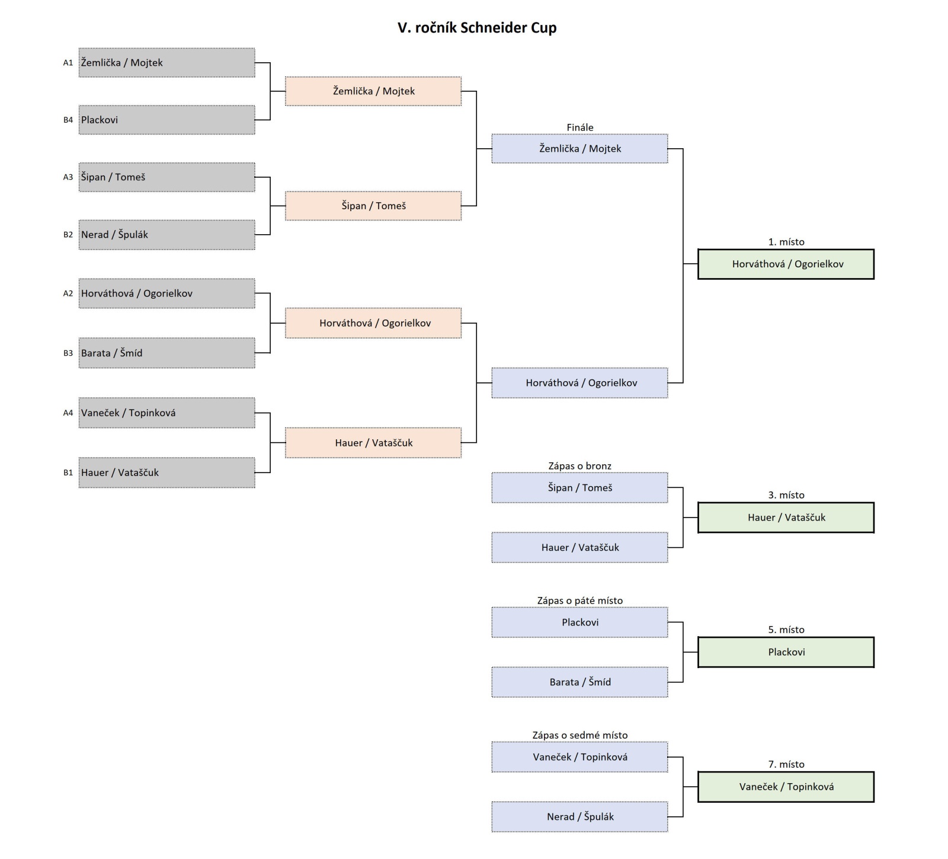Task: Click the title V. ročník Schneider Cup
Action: click(476, 28)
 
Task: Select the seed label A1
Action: click(68, 63)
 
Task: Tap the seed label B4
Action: click(68, 120)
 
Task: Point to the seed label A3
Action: click(68, 177)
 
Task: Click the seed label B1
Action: click(68, 472)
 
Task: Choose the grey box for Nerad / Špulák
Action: click(166, 235)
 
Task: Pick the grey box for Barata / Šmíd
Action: click(166, 353)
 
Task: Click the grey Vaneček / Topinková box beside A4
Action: click(166, 413)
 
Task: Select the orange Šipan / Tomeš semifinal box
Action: click(373, 206)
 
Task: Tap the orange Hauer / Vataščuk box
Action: click(373, 443)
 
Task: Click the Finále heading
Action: click(579, 127)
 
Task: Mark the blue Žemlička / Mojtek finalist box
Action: click(579, 149)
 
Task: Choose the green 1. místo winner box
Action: click(786, 264)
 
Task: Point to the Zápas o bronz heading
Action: click(579, 466)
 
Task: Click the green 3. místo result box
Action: click(786, 518)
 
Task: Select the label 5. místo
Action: click(786, 630)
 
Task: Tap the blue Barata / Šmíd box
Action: click(579, 682)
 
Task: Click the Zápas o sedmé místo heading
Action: click(579, 735)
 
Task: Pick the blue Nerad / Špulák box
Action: click(579, 817)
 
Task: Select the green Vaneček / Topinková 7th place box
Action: click(786, 787)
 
